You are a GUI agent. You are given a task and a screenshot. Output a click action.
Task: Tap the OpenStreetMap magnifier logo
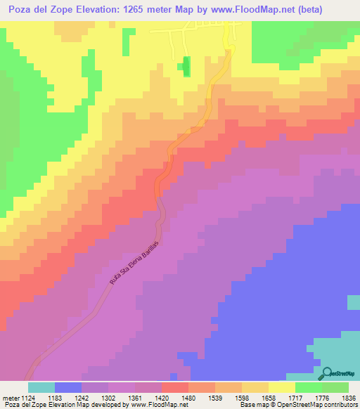click(328, 372)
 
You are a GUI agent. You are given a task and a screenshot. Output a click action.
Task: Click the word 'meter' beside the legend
click(9, 397)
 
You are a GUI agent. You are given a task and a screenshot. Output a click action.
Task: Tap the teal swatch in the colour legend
click(41, 387)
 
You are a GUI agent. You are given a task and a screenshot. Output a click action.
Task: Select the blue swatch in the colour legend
click(67, 387)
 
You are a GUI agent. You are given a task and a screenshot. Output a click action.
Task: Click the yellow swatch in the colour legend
click(281, 387)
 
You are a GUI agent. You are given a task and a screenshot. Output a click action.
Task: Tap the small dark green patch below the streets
click(186, 65)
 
